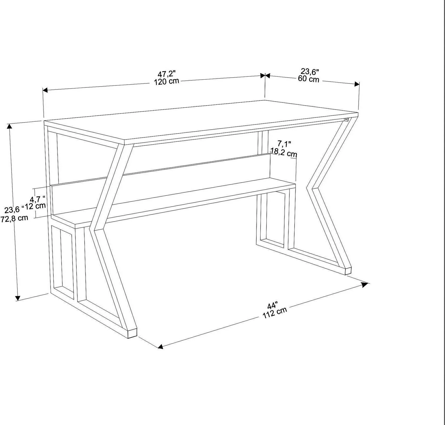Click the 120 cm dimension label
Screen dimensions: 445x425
(x=166, y=82)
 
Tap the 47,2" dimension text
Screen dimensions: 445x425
(x=167, y=74)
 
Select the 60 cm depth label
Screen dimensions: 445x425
(x=309, y=79)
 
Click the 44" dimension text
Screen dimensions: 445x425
(x=273, y=306)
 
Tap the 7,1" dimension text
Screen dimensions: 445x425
(x=284, y=144)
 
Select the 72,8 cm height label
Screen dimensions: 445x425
(x=14, y=219)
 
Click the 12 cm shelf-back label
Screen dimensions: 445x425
(x=35, y=206)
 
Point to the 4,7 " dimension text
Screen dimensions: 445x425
(x=38, y=199)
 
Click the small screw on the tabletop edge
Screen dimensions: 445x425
(x=346, y=119)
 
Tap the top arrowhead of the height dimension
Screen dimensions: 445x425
(x=9, y=126)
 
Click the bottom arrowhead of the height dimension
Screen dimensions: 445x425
(x=18, y=298)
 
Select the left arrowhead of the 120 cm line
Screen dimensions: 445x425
(x=45, y=90)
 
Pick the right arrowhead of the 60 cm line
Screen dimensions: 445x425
(x=357, y=84)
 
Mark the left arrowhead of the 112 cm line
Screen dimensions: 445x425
(x=160, y=346)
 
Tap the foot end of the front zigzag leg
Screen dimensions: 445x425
(x=132, y=333)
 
